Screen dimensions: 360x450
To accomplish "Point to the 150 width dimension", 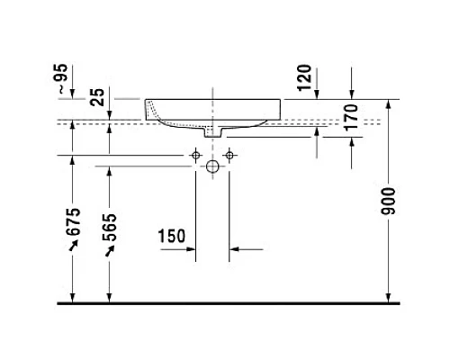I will tap(171, 237).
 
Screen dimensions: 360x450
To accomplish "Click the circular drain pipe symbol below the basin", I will tap(212, 166).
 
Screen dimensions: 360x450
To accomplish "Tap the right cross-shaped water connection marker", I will tap(229, 156).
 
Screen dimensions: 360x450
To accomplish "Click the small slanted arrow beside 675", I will tap(73, 253).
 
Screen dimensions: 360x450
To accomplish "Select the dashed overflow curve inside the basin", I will tap(159, 112).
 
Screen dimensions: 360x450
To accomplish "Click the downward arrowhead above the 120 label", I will tap(352, 94).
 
